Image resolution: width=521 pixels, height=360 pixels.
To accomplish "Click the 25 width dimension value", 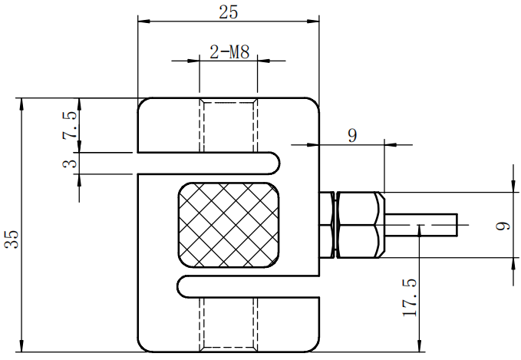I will coord(228,12).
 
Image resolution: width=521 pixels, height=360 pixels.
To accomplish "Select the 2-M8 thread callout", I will coord(229,52).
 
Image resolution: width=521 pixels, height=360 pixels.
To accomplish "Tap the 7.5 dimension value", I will coord(70,124).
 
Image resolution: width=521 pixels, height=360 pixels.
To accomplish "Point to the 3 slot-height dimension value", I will coord(70,163).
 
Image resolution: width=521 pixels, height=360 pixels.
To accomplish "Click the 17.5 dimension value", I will coord(409,297).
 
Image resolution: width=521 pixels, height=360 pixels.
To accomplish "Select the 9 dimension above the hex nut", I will coord(352,135).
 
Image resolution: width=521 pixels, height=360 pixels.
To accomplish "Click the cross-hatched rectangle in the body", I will coord(228,226).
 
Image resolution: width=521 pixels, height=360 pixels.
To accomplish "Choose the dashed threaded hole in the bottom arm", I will coord(228,322).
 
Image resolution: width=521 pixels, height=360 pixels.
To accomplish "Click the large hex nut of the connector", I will coord(360,225).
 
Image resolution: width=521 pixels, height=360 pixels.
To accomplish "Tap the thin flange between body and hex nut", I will coord(330,225).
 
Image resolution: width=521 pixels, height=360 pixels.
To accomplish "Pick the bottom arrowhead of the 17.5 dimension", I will coord(420,346).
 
